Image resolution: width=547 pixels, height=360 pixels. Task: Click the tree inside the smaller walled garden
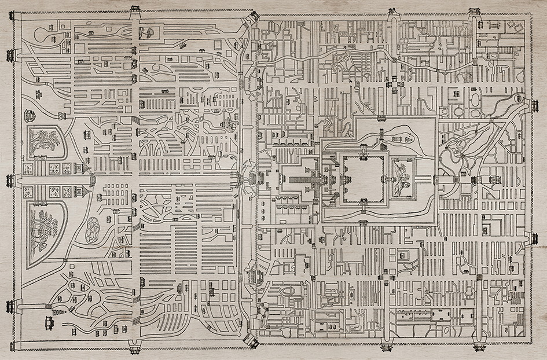[45, 141]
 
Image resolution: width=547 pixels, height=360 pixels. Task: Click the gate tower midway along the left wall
[10, 181]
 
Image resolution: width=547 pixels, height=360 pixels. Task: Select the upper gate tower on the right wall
[534, 106]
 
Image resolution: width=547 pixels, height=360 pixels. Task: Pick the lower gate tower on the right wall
[534, 238]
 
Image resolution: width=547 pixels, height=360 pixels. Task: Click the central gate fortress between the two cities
[253, 179]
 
